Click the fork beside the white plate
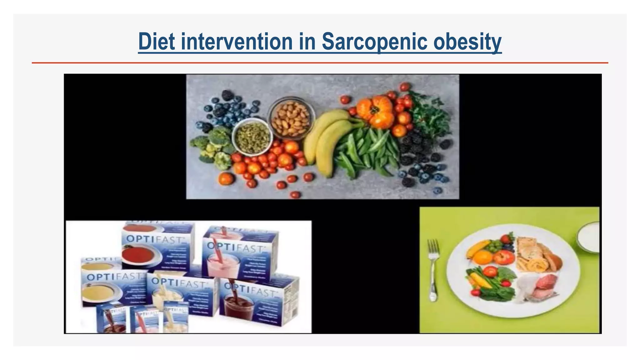click(433, 269)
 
